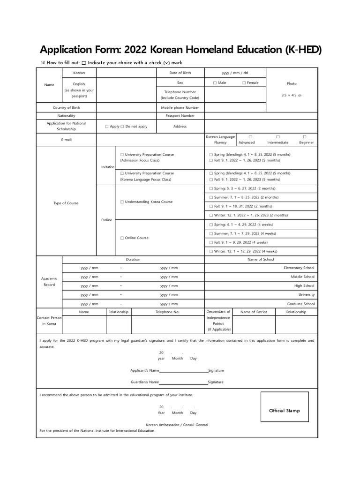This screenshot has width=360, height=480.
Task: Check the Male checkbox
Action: pos(215,83)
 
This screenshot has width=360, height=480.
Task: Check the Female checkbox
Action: pos(244,83)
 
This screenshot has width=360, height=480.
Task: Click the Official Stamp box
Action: pos(285,411)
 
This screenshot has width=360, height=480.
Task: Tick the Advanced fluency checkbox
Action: pos(250,137)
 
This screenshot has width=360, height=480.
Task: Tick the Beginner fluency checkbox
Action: pos(305,137)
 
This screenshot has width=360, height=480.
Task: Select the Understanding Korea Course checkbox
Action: pos(122,202)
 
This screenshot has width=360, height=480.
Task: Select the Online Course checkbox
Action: pos(122,238)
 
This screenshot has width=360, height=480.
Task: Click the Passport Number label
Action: pos(180,116)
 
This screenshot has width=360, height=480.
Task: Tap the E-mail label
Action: pos(66,140)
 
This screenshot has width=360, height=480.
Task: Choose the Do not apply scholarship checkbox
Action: pos(122,127)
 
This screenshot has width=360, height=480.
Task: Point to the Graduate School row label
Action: pos(300,304)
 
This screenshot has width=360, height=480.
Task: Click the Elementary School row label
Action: pos(299,268)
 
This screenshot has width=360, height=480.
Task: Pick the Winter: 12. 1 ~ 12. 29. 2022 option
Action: pos(211,251)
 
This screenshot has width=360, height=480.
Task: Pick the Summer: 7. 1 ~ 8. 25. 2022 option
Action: pos(211,197)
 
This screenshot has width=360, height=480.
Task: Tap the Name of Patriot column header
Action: pos(254,312)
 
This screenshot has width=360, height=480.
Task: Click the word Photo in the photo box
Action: pos(292,83)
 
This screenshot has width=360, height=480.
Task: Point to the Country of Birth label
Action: pos(66,107)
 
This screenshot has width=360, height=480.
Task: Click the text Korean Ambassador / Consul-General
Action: pos(177,425)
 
